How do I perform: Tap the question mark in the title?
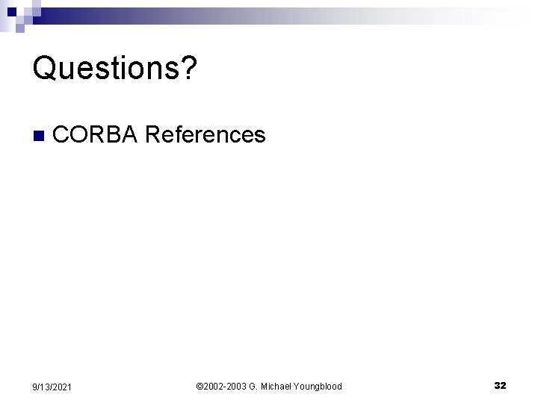pos(189,69)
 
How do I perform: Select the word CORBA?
pos(96,135)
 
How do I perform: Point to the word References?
pos(205,135)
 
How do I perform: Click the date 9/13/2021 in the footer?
pos(53,387)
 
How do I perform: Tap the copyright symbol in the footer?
pos(199,387)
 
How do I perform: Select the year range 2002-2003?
pos(226,387)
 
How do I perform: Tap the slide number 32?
pos(500,386)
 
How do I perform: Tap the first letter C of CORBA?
pos(62,135)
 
